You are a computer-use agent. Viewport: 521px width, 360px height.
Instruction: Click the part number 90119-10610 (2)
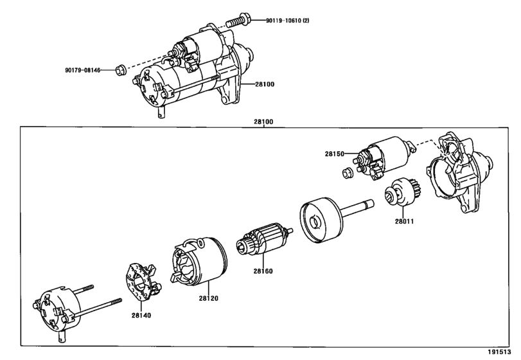click(287, 21)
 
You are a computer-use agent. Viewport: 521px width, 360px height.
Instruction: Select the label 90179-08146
click(82, 70)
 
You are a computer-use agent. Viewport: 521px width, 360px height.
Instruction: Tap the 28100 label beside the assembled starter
click(265, 84)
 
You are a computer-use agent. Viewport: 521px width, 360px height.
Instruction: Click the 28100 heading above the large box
click(263, 122)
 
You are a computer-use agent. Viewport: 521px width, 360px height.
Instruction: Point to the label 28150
click(335, 154)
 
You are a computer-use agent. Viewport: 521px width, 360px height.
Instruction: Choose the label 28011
click(404, 221)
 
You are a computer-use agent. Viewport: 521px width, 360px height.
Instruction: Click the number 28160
click(263, 271)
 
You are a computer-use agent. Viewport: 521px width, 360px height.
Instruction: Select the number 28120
click(209, 298)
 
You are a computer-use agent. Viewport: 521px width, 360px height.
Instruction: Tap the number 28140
click(141, 315)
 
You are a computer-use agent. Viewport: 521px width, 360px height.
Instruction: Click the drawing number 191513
click(499, 352)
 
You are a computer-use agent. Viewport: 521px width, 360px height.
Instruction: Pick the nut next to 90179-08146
click(121, 71)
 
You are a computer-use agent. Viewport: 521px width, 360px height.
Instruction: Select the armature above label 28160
click(265, 239)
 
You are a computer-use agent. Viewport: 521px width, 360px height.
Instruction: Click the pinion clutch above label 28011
click(403, 192)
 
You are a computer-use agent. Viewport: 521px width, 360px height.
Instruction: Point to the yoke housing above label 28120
click(199, 262)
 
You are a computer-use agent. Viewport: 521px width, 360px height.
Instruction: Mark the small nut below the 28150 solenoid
click(348, 173)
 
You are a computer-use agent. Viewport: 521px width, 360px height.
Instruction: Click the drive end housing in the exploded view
click(459, 172)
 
